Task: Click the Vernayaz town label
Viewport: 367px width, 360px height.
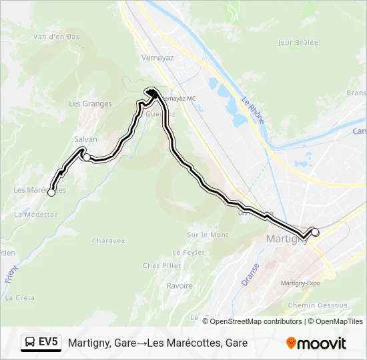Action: pos(157,57)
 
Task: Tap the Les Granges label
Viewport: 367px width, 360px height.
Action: pos(90,103)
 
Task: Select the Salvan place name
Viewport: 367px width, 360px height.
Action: pos(85,139)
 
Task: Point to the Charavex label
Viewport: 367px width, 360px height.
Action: pos(109,241)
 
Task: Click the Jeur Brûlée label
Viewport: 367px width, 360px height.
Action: pos(298,42)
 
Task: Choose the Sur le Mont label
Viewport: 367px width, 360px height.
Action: pos(208,235)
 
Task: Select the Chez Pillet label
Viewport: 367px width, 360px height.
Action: pos(161,265)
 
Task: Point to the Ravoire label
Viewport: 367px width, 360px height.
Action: pos(179,285)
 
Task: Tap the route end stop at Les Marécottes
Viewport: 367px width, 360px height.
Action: pos(51,193)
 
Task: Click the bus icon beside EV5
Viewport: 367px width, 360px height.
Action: pos(30,343)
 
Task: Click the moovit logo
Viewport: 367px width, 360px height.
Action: pos(316,343)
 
